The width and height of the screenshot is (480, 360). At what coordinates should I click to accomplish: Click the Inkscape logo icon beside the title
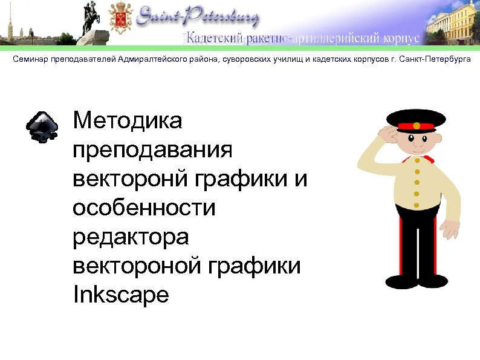[42, 126]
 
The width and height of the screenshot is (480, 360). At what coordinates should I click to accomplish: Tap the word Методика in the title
[127, 121]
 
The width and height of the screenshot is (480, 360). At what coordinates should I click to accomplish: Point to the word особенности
[144, 208]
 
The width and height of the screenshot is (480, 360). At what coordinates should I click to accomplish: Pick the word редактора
[130, 237]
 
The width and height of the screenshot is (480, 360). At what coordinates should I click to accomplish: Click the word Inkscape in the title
[120, 295]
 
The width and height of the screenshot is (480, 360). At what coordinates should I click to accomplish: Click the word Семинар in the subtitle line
[30, 61]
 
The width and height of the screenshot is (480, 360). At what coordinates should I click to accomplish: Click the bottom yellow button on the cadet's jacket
[416, 205]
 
